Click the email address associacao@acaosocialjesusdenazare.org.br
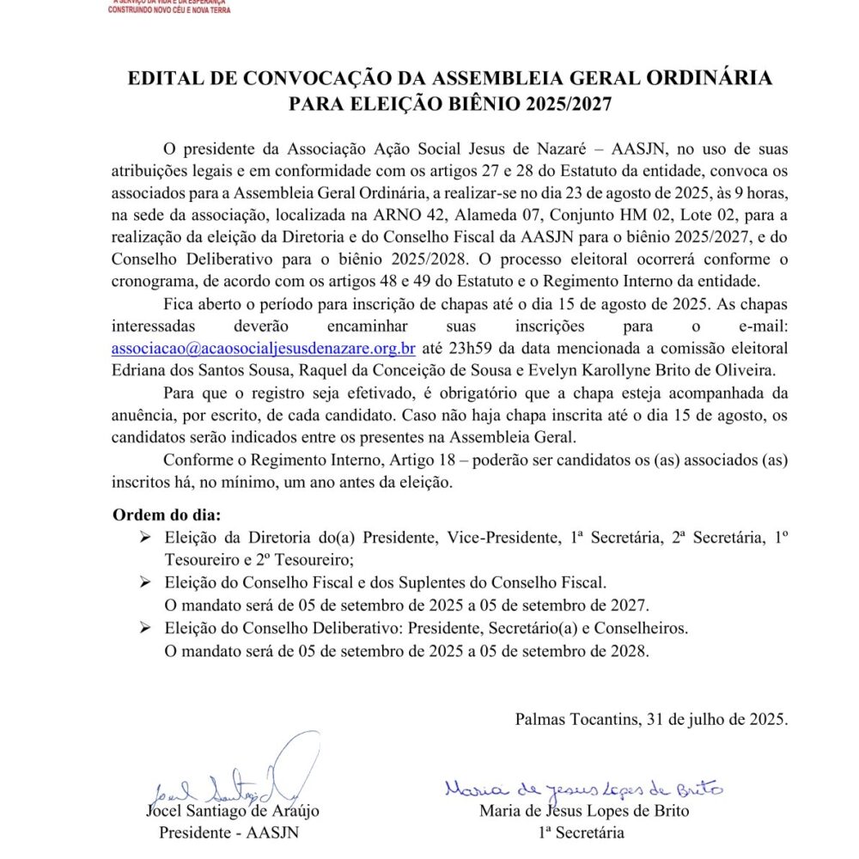[x=264, y=349]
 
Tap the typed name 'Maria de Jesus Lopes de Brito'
[x=584, y=811]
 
